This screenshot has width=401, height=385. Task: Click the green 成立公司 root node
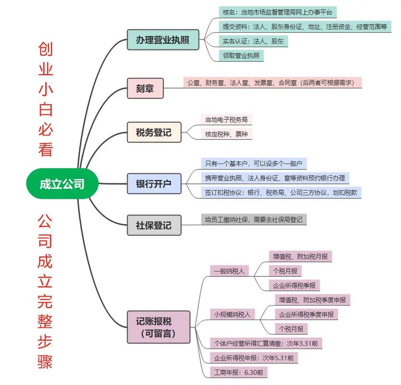pyautogui.click(x=62, y=183)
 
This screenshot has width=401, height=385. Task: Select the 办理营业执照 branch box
pyautogui.click(x=163, y=39)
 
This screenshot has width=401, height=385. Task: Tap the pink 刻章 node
pyautogui.click(x=145, y=88)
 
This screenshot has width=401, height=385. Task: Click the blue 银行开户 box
pyautogui.click(x=154, y=183)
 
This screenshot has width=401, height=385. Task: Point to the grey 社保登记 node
pyautogui.click(x=154, y=225)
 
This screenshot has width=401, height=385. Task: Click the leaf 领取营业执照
pyautogui.click(x=241, y=55)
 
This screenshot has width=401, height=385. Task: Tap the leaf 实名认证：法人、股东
pyautogui.click(x=253, y=41)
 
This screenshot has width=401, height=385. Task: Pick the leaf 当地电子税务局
pyautogui.click(x=226, y=119)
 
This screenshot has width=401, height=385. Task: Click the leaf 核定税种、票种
pyautogui.click(x=226, y=134)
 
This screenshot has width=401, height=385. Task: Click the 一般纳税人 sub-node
pyautogui.click(x=230, y=271)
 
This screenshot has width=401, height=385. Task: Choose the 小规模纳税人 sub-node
pyautogui.click(x=233, y=314)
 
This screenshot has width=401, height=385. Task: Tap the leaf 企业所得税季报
pyautogui.click(x=294, y=285)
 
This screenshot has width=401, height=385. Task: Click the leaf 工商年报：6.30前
pyautogui.click(x=238, y=372)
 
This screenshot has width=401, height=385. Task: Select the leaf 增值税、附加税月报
pyautogui.click(x=300, y=257)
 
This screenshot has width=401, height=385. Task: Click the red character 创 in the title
pyautogui.click(x=45, y=50)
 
